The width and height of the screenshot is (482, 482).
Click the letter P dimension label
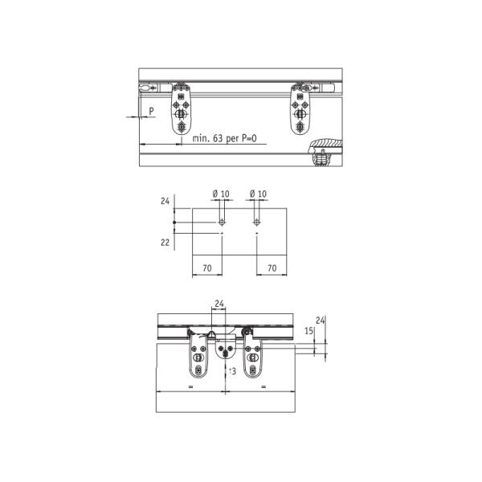[151, 112]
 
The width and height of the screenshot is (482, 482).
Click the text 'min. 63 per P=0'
[224, 138]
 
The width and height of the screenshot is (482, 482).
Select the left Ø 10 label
[221, 194]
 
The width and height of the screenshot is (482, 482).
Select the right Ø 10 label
[258, 194]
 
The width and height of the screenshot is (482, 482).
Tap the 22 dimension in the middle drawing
[165, 243]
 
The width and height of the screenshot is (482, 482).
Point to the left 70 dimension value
[207, 268]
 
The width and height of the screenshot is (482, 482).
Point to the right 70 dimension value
[272, 268]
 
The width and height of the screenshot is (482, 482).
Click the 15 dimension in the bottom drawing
[309, 331]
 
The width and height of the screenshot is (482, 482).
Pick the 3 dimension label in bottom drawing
[233, 371]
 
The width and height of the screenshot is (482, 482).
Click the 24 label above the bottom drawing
[219, 304]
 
